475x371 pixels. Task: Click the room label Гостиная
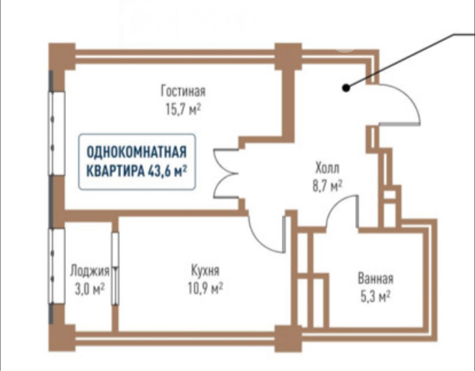[183, 90]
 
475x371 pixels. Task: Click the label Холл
[327, 169]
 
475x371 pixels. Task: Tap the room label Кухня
[205, 270]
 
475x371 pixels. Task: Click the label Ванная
[375, 279]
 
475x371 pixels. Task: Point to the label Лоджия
[89, 271]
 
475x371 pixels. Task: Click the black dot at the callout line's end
[347, 87]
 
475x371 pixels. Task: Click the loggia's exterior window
[56, 266]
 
